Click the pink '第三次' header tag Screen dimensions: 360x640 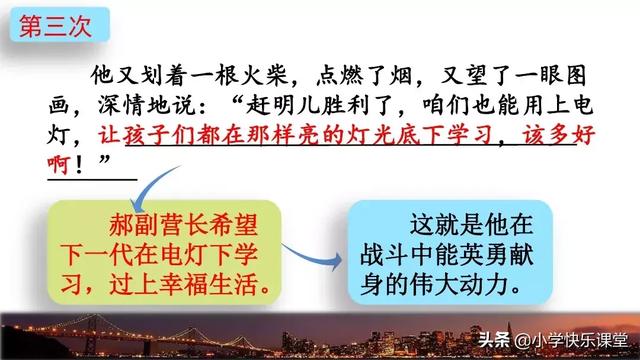[x=55, y=25]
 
